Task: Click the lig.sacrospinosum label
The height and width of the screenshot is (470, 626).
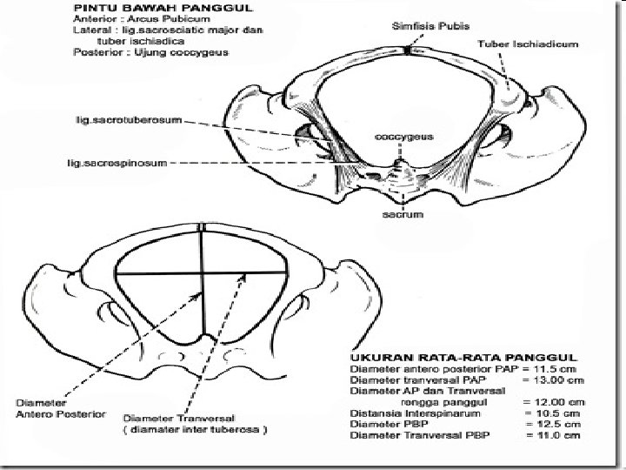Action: click(x=117, y=162)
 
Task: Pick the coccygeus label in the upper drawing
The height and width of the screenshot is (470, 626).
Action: click(x=403, y=137)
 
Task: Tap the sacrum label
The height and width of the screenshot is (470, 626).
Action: click(x=403, y=214)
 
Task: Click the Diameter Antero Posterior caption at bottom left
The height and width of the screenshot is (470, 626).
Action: click(x=62, y=408)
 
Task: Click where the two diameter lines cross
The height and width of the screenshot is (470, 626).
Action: click(x=201, y=273)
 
